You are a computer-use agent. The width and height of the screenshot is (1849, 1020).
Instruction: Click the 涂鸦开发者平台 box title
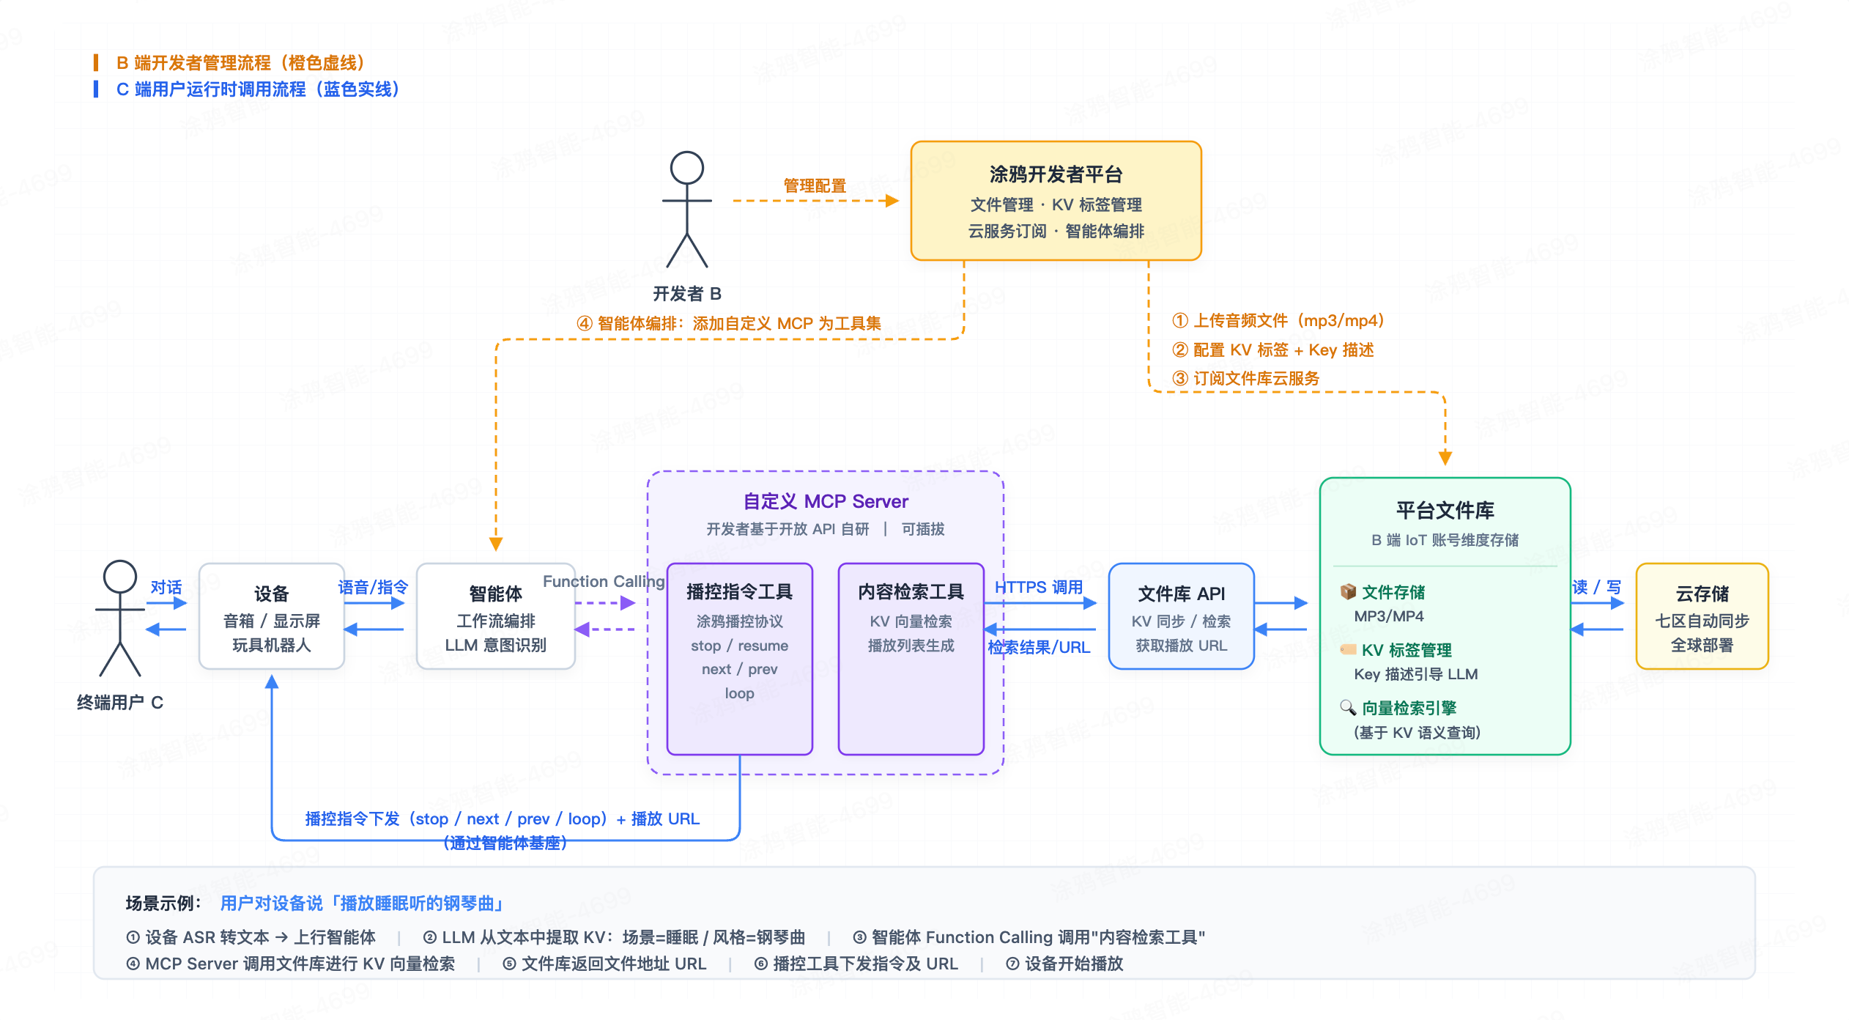[1056, 174]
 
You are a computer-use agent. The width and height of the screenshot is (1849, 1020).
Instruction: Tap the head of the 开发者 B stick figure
[687, 168]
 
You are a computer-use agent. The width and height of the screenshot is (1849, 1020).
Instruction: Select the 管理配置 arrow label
[815, 186]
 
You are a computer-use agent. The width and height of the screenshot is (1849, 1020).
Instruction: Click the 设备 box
[272, 616]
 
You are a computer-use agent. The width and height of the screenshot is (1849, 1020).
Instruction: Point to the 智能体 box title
[496, 594]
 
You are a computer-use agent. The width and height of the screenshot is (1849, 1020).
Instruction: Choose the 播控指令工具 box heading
[740, 591]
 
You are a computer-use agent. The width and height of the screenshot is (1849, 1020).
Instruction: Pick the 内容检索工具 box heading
[911, 591]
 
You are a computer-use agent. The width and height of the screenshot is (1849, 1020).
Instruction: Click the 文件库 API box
[1182, 616]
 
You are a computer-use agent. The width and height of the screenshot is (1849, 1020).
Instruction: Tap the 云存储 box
[1702, 616]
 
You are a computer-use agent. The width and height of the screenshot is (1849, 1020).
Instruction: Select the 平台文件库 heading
[1445, 510]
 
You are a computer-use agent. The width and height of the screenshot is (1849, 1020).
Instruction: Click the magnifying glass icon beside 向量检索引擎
[1348, 707]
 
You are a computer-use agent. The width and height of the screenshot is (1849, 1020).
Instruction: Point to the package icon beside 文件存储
[1348, 591]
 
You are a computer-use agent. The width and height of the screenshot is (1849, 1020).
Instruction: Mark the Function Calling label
[604, 581]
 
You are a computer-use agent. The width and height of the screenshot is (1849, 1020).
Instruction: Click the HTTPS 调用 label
[1039, 587]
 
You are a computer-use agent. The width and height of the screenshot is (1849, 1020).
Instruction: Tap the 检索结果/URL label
[1039, 647]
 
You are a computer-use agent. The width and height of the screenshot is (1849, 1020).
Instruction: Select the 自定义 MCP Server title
[826, 501]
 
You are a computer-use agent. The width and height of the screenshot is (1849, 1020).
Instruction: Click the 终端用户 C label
[120, 703]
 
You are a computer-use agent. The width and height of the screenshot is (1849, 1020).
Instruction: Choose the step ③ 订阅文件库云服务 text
[1245, 378]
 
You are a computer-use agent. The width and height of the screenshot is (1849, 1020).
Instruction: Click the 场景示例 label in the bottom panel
[163, 903]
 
